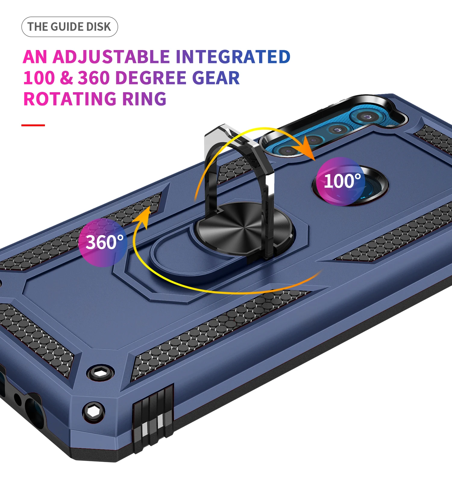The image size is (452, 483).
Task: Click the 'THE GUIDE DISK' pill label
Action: [70, 27]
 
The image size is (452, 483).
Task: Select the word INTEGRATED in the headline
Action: [233, 57]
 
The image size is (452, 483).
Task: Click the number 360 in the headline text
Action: [94, 78]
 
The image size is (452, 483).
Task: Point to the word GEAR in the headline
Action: [216, 78]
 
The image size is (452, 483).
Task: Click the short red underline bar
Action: [33, 125]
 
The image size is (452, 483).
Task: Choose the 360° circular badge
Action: [103, 242]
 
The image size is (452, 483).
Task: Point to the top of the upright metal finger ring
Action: [229, 133]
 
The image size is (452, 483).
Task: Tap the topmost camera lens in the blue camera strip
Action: [367, 117]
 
